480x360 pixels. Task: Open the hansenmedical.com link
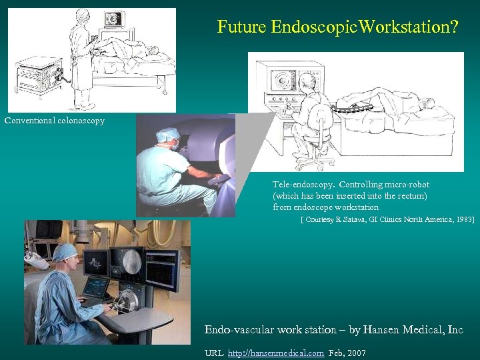point(276,353)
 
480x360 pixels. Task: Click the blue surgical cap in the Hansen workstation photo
point(65,251)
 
